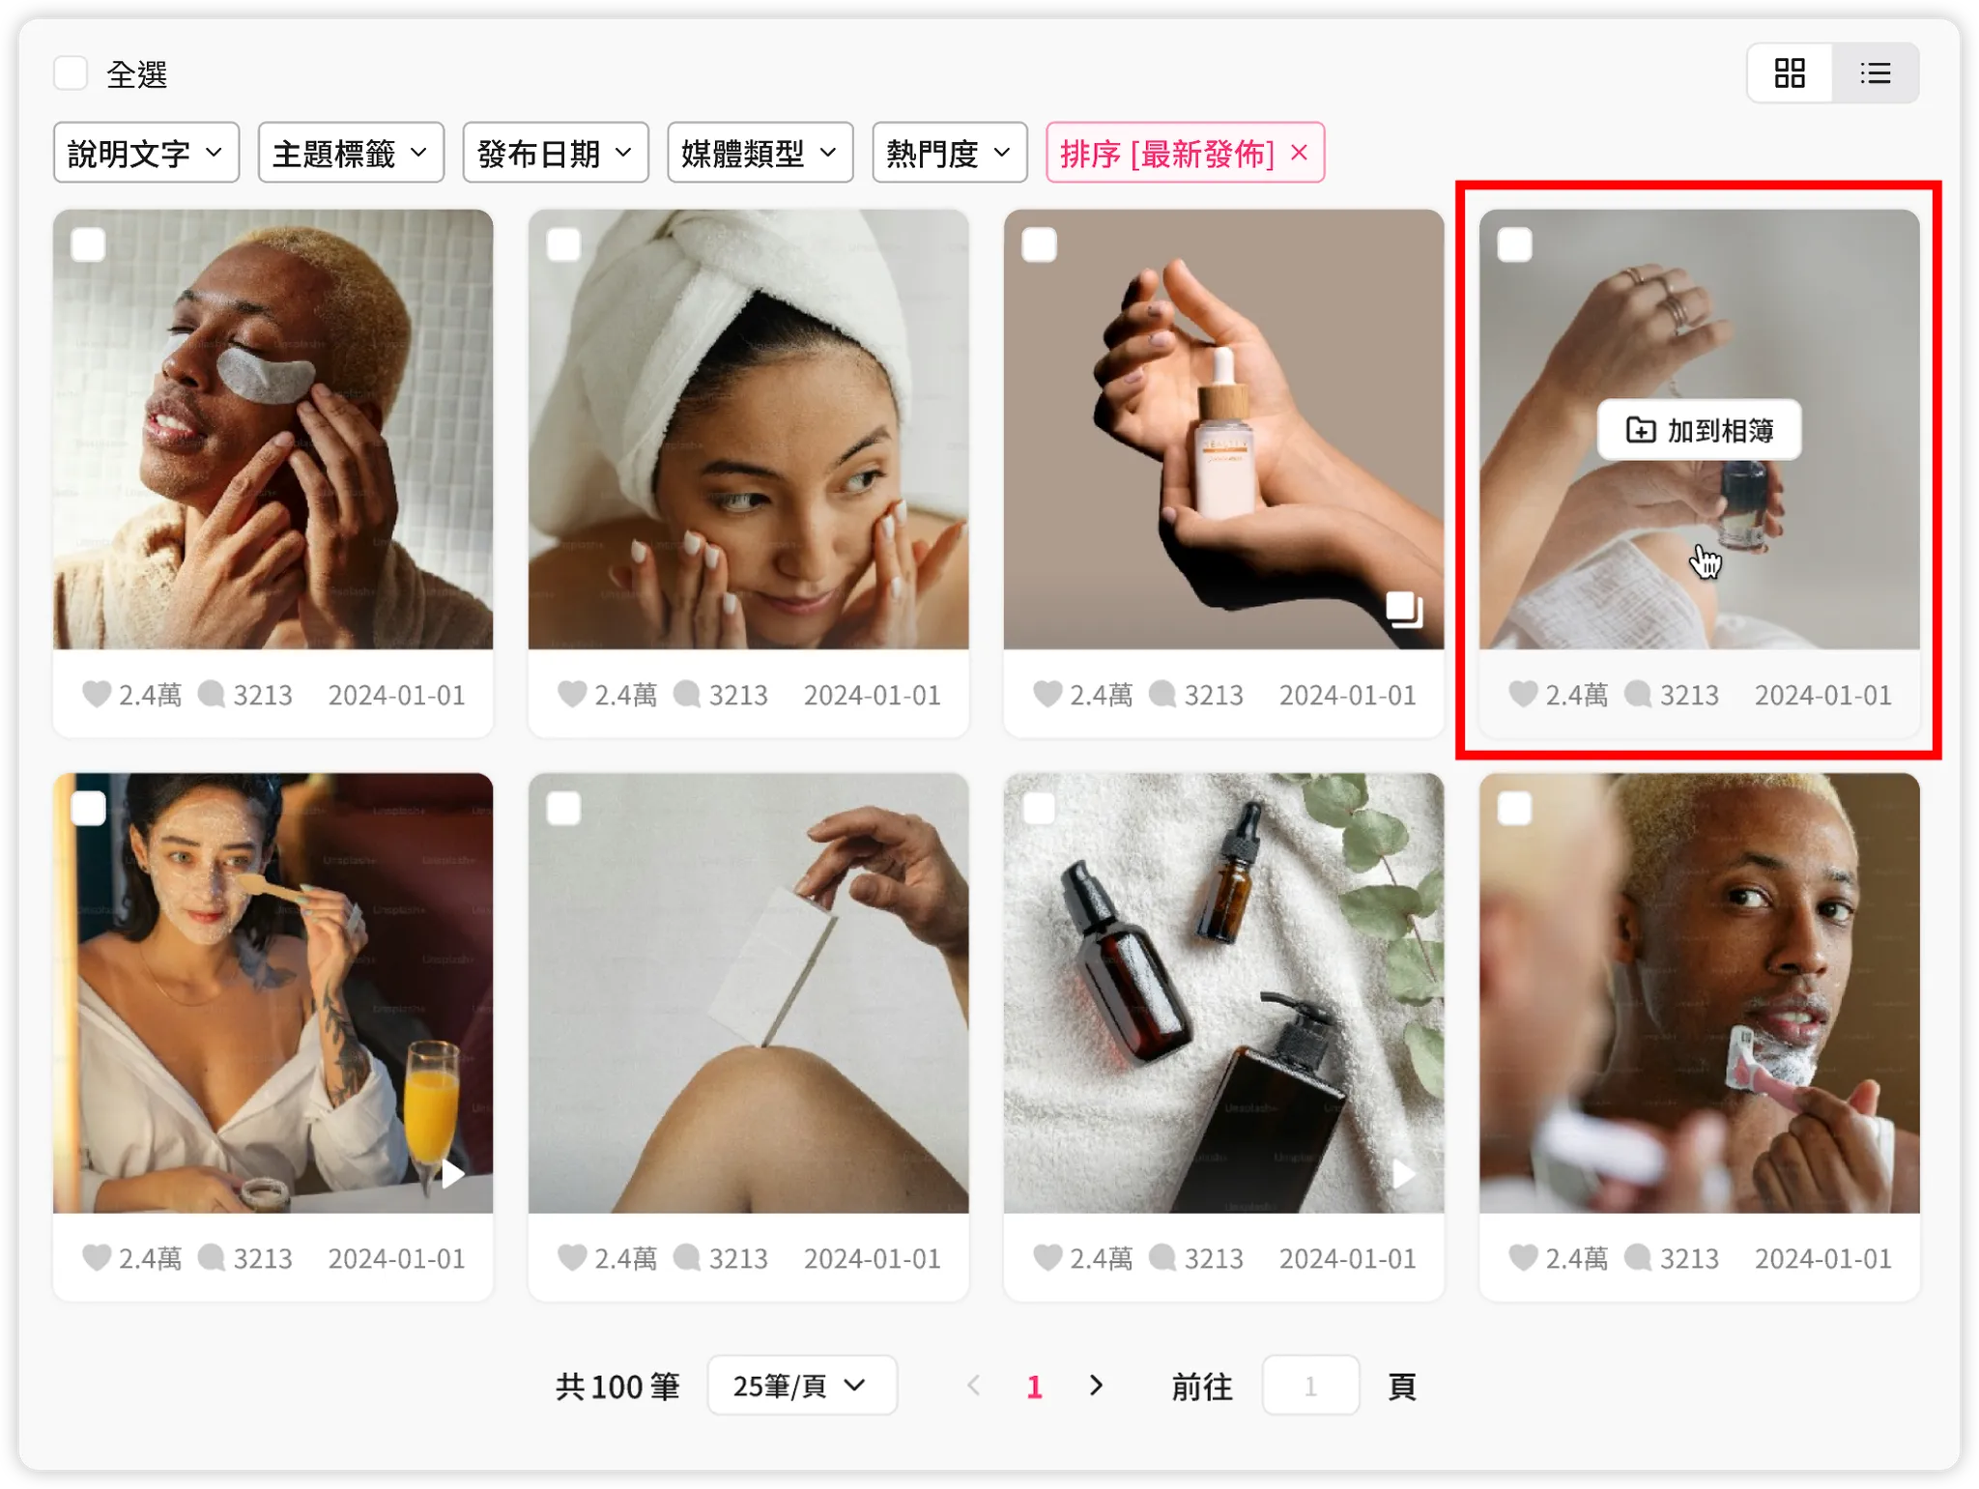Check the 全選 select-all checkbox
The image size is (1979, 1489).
pyautogui.click(x=71, y=73)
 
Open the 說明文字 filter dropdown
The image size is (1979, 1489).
pyautogui.click(x=146, y=153)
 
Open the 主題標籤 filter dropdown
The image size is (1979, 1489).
pyautogui.click(x=351, y=153)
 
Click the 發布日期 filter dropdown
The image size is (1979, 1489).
pyautogui.click(x=556, y=153)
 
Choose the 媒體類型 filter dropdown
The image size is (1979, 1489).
pyautogui.click(x=760, y=153)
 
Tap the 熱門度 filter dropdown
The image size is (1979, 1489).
pyautogui.click(x=949, y=153)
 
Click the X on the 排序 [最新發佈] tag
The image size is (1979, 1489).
pyautogui.click(x=1300, y=153)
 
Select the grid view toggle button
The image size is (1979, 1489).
pyautogui.click(x=1790, y=73)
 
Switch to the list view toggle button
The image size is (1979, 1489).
pyautogui.click(x=1875, y=73)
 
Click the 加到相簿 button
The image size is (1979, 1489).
pyautogui.click(x=1699, y=430)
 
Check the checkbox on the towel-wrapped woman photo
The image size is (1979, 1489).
pyautogui.click(x=563, y=244)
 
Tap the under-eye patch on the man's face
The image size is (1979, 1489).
pyautogui.click(x=262, y=375)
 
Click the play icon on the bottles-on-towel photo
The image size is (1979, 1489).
pyautogui.click(x=1403, y=1175)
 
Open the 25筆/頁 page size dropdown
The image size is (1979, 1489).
pyautogui.click(x=802, y=1386)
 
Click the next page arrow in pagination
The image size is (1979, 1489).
pyautogui.click(x=1096, y=1386)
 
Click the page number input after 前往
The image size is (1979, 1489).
pyautogui.click(x=1310, y=1386)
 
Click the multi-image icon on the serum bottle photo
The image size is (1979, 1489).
pyautogui.click(x=1404, y=609)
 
